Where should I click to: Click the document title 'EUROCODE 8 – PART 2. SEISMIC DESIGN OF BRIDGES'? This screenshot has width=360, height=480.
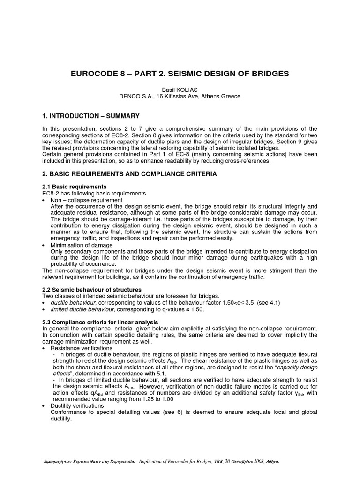point(180,74)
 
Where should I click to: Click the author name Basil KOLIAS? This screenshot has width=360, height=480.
point(180,90)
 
